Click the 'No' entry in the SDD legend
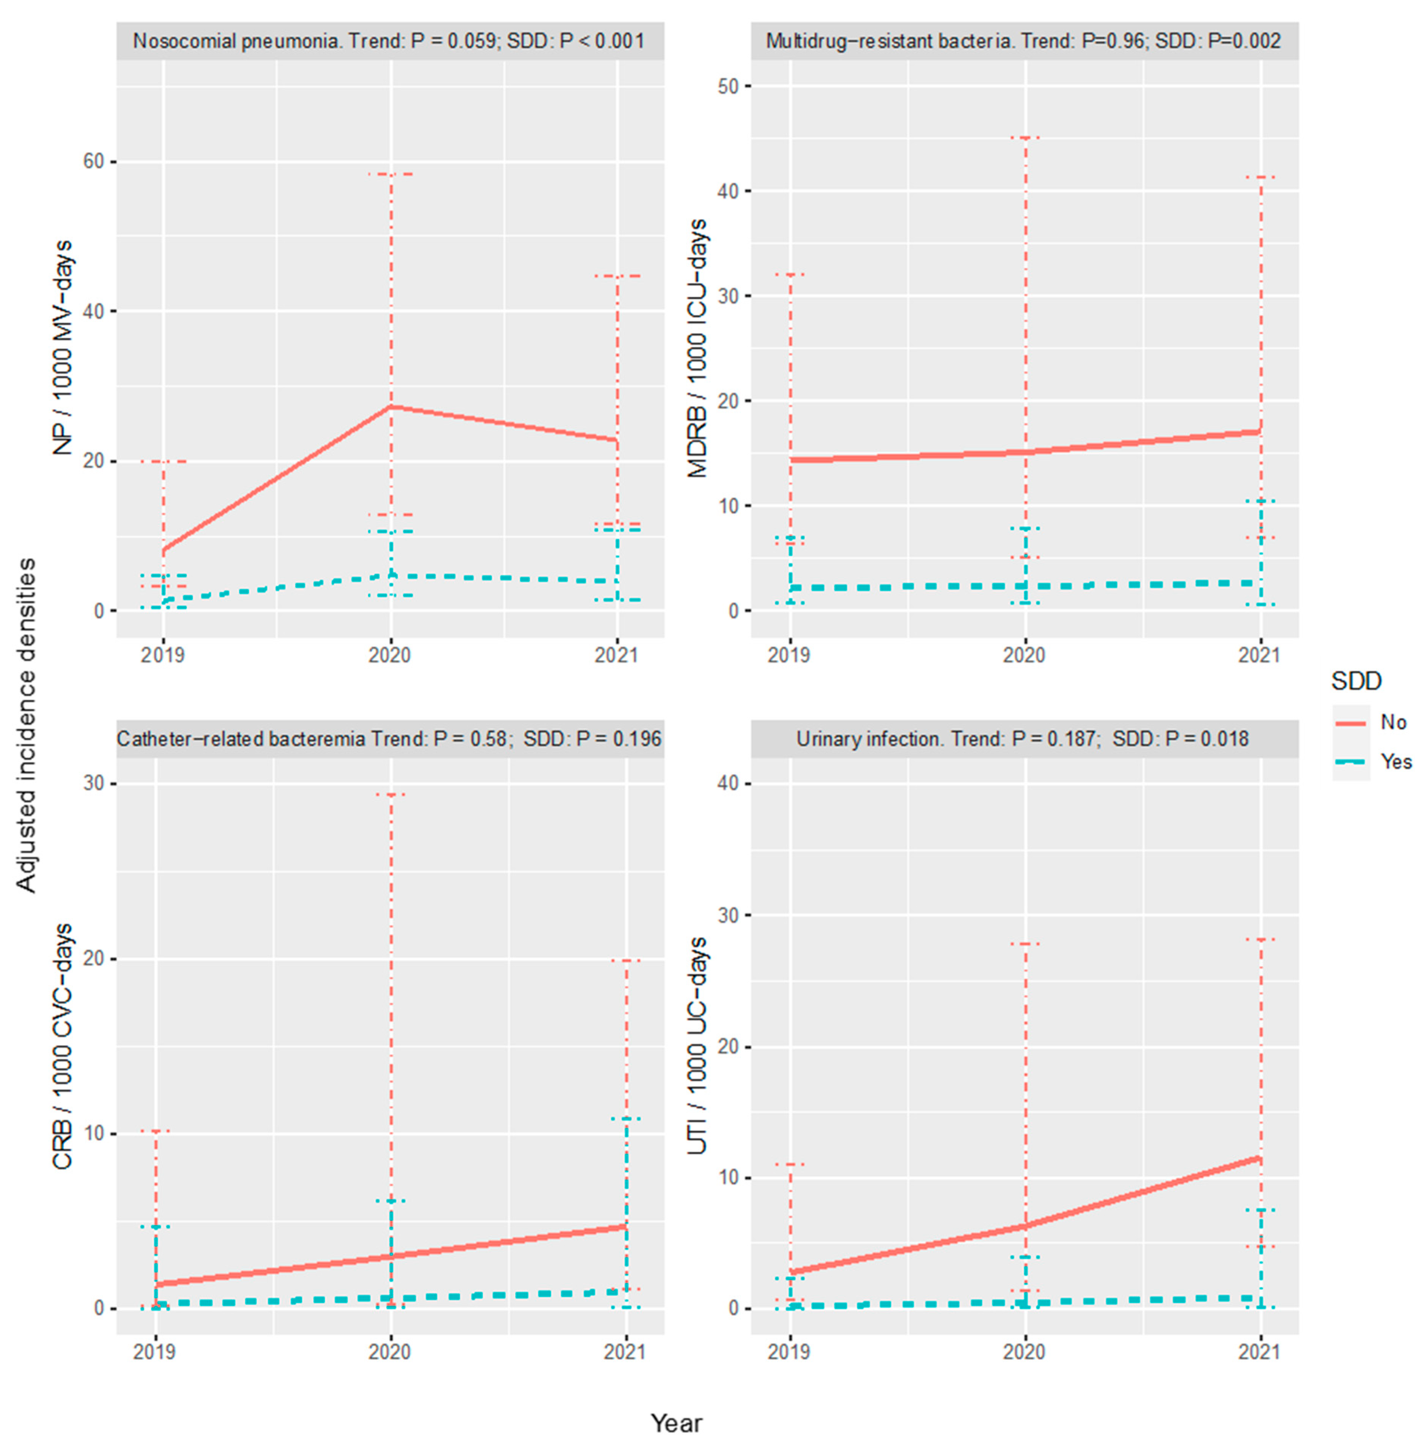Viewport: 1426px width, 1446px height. pyautogui.click(x=1392, y=722)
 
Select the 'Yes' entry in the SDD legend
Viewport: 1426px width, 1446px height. pyautogui.click(x=1395, y=762)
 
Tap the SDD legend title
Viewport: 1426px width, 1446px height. pyautogui.click(x=1356, y=681)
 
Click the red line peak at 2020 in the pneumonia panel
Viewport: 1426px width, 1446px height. pyautogui.click(x=390, y=406)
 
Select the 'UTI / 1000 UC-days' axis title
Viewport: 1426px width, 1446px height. pyautogui.click(x=698, y=1046)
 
